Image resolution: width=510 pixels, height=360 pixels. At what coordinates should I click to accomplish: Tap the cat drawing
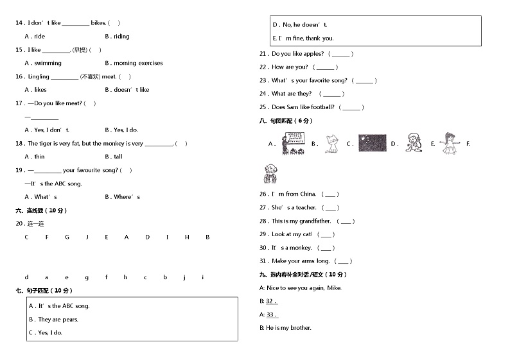pyautogui.click(x=331, y=144)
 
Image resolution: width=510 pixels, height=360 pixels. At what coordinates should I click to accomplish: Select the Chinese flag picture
pyautogui.click(x=372, y=143)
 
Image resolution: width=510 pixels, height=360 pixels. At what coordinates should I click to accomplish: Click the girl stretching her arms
pyautogui.click(x=448, y=144)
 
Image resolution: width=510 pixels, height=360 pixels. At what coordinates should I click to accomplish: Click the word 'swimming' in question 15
pyautogui.click(x=48, y=63)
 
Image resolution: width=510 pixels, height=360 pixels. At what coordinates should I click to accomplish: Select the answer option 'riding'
pyautogui.click(x=121, y=37)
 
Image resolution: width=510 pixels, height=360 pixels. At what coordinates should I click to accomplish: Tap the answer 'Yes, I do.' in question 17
pyautogui.click(x=125, y=130)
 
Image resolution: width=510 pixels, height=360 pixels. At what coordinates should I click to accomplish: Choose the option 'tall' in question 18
pyautogui.click(x=118, y=157)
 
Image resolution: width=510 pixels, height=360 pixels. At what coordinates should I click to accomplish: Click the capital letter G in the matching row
pyautogui.click(x=67, y=237)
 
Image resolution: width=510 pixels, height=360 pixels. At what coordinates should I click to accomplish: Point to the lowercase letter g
pyautogui.click(x=86, y=277)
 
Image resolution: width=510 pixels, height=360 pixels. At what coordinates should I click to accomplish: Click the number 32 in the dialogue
pyautogui.click(x=270, y=301)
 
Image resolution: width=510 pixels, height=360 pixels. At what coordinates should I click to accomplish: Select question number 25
pyautogui.click(x=263, y=107)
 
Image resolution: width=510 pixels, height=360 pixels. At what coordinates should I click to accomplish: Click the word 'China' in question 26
pyautogui.click(x=308, y=194)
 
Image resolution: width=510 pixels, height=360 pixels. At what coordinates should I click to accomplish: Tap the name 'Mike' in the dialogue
pyautogui.click(x=334, y=287)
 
